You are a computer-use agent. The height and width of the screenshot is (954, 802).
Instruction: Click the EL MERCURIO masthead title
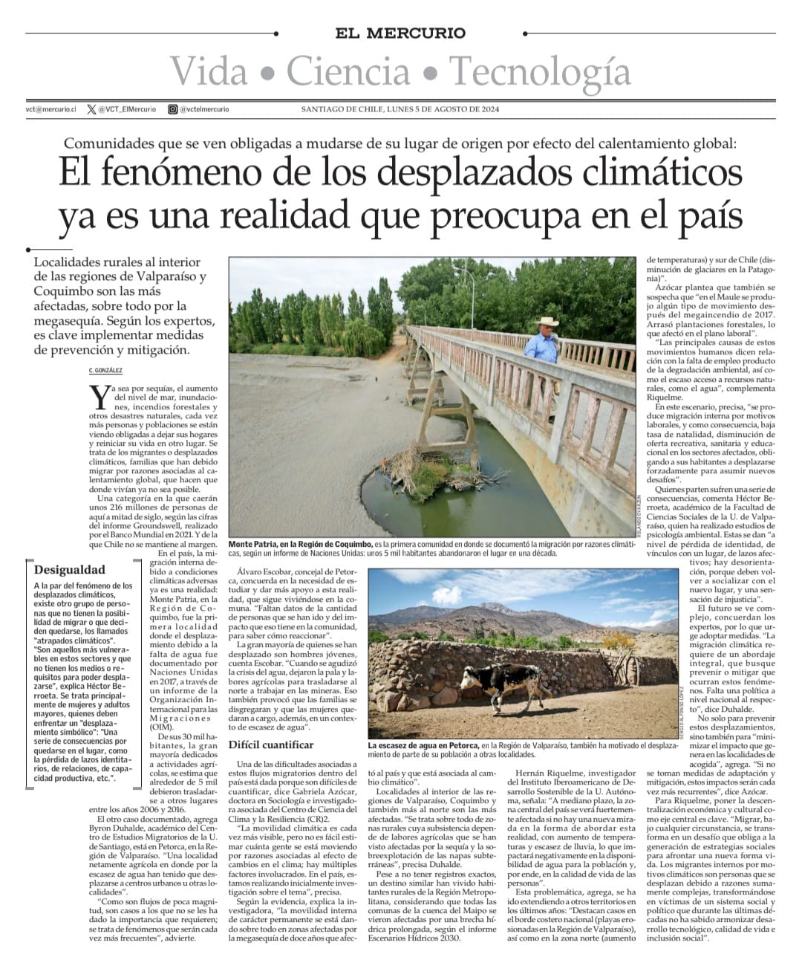400,33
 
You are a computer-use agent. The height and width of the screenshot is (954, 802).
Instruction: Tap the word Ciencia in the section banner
348,71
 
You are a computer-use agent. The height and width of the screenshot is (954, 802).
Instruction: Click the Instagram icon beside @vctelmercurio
172,109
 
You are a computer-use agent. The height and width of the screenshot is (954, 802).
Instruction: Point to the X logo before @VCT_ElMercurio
91,109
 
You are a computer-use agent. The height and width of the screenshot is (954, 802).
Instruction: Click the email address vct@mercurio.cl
50,109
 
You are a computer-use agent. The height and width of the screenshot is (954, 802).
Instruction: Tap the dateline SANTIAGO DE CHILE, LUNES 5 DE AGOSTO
400,109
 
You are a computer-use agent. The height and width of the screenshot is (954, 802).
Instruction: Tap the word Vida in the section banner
210,72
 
